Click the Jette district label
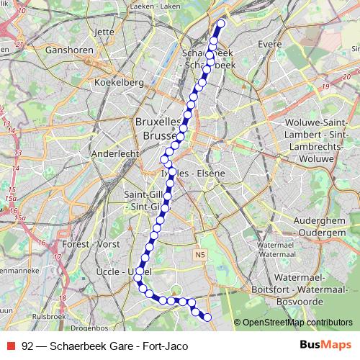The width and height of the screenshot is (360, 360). coord(104,32)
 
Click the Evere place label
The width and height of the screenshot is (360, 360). coord(269,44)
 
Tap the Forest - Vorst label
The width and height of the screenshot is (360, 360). coord(91,244)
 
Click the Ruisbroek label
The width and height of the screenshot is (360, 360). coord(50,315)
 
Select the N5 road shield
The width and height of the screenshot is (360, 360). coord(200,254)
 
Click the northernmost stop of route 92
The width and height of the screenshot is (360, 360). coord(220,23)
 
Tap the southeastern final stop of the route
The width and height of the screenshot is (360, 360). coord(207,318)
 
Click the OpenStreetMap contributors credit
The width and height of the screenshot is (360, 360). coord(297,323)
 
